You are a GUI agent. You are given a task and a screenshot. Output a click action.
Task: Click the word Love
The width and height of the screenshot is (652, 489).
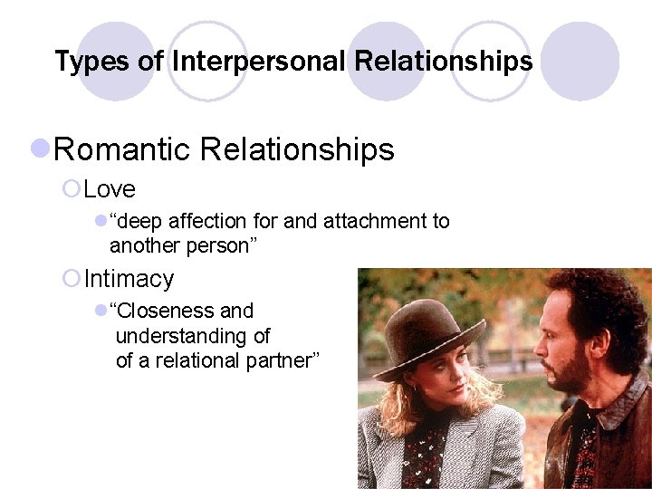click(110, 189)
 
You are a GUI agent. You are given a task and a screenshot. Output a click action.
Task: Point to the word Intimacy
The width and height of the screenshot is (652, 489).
click(129, 278)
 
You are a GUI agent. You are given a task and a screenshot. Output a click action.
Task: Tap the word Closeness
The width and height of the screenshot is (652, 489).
click(165, 312)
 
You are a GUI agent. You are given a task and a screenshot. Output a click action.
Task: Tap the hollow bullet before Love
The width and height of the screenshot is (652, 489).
click(72, 189)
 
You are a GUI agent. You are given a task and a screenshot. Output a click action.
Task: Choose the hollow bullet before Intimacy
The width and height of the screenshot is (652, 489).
click(72, 278)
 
